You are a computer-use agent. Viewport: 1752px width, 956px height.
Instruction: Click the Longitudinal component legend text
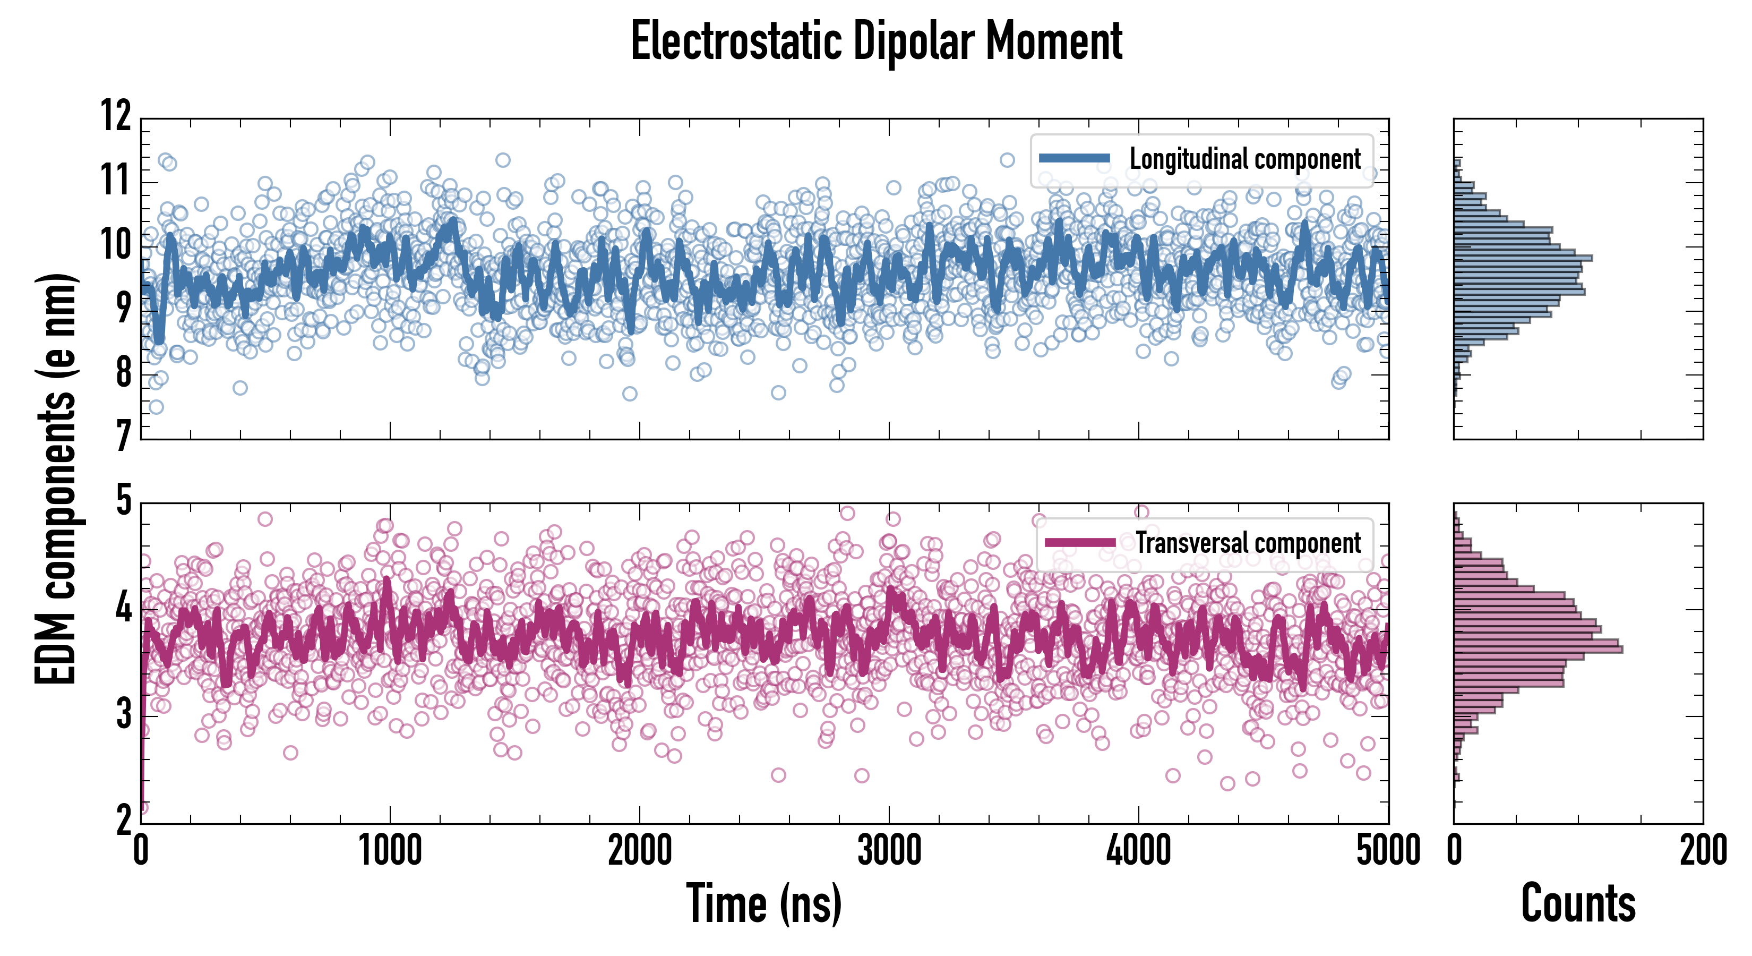tap(1244, 159)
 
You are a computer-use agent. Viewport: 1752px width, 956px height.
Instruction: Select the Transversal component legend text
tap(1248, 543)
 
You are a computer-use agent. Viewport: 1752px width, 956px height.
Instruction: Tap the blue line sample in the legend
tap(1075, 159)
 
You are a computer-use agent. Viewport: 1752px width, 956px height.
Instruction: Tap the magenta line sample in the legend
tap(1080, 542)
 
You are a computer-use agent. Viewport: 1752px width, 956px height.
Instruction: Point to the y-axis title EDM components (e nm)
tap(56, 479)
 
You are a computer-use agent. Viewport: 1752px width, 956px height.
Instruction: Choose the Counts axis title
tap(1578, 903)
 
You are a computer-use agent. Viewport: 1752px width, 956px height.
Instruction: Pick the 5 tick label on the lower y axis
tap(123, 501)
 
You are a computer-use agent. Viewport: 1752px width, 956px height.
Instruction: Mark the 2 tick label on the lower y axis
tap(123, 820)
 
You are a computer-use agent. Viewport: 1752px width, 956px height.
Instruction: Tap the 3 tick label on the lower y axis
tap(123, 714)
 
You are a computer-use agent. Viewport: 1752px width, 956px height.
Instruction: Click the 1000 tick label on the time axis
tap(390, 850)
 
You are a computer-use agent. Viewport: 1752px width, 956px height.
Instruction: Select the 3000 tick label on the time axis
tap(889, 850)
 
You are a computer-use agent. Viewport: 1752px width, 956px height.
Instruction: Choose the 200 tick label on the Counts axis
tap(1702, 850)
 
